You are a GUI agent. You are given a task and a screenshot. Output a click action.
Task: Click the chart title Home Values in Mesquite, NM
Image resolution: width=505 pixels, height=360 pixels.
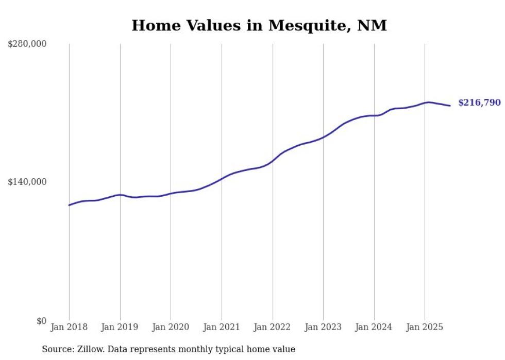[x=259, y=25]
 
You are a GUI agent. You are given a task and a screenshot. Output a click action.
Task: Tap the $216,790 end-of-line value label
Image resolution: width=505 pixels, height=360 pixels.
[x=479, y=102]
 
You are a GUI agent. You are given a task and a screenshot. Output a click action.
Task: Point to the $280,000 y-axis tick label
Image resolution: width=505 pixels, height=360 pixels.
[x=27, y=44]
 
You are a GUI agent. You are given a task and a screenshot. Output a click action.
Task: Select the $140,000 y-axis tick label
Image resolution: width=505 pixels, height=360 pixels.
[x=27, y=182]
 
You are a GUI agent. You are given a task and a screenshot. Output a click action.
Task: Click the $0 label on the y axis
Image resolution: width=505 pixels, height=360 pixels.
[x=41, y=321]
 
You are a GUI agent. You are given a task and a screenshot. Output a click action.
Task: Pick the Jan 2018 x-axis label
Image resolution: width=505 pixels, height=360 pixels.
[x=69, y=327]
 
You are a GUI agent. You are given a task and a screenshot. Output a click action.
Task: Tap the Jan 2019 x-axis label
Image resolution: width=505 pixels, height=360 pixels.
[x=120, y=327]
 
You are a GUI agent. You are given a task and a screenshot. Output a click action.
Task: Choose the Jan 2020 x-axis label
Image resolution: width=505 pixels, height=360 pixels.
[x=171, y=327]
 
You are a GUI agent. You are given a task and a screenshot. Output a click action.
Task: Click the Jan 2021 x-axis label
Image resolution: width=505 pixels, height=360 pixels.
[x=222, y=327]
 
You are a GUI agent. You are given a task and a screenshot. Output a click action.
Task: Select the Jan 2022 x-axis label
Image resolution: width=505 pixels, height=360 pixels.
[x=272, y=327]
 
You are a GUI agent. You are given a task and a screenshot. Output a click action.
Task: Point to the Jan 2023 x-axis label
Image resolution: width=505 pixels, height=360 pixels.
[x=323, y=327]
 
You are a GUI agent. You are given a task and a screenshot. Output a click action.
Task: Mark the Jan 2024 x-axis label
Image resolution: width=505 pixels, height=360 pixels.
[x=374, y=327]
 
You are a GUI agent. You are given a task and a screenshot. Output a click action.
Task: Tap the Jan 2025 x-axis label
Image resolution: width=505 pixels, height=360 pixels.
[x=425, y=327]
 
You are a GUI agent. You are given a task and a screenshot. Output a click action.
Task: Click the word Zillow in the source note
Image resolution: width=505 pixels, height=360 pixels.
[x=90, y=349]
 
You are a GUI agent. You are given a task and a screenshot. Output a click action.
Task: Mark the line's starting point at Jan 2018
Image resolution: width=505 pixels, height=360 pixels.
[x=69, y=205]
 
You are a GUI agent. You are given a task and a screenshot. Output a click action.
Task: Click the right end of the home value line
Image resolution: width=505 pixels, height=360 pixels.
[x=450, y=106]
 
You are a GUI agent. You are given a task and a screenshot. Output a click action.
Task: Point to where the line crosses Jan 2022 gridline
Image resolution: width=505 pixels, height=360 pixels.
[x=273, y=161]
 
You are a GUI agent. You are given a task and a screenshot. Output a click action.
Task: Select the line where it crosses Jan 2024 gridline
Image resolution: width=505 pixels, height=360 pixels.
[x=374, y=115]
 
